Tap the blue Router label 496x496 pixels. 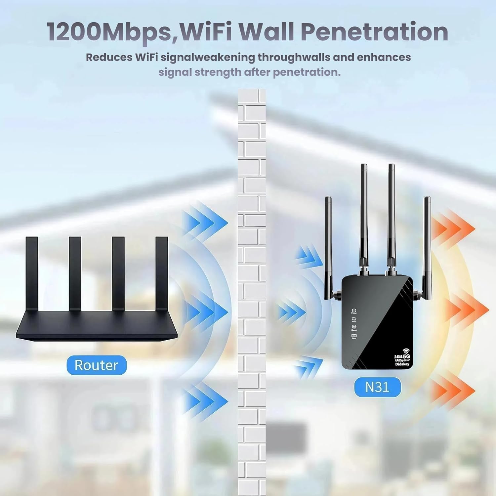pyautogui.click(x=96, y=365)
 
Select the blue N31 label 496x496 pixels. pyautogui.click(x=377, y=387)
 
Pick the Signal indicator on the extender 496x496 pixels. pyautogui.click(x=354, y=328)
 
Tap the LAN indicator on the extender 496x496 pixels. pyautogui.click(x=354, y=336)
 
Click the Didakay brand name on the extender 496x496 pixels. pyautogui.click(x=402, y=364)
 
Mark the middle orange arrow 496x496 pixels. pyautogui.click(x=466, y=309)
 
